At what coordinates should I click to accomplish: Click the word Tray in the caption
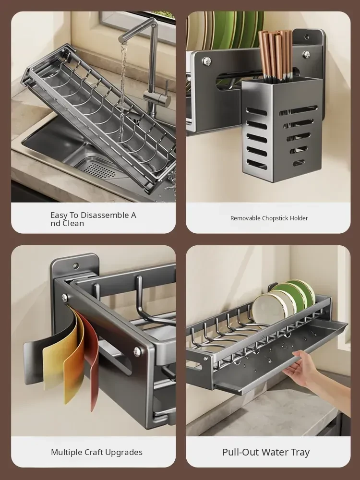[300, 452]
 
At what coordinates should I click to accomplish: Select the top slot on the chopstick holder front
[256, 111]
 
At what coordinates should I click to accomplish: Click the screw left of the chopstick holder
[207, 61]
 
